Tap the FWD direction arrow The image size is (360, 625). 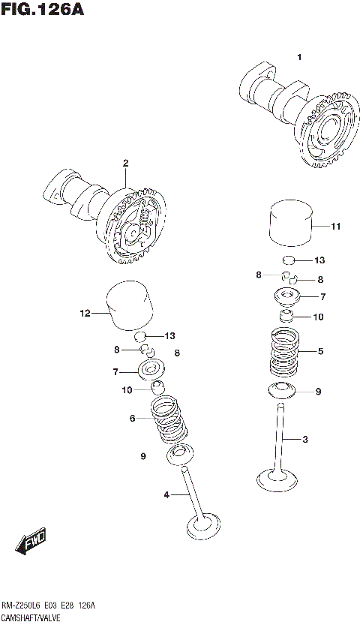pos(32,540)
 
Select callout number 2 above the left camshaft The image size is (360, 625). pos(125,163)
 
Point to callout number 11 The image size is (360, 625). pos(335,226)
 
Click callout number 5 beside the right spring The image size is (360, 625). pos(320,350)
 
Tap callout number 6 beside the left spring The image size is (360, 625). pos(132,418)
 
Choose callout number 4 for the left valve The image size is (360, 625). pos(166,494)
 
